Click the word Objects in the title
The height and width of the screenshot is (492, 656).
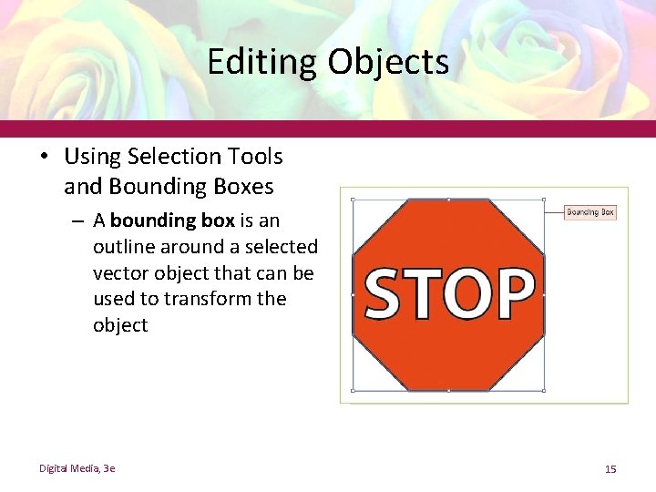click(389, 62)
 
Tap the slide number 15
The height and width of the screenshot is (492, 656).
click(610, 469)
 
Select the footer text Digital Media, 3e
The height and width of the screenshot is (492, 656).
click(77, 468)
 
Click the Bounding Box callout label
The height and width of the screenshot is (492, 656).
click(590, 212)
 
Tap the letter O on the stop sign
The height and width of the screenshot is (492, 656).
click(474, 293)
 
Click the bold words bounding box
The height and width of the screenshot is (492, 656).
click(172, 220)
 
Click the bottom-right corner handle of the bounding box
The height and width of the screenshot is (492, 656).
click(544, 390)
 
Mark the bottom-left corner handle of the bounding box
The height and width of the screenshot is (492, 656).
click(353, 390)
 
